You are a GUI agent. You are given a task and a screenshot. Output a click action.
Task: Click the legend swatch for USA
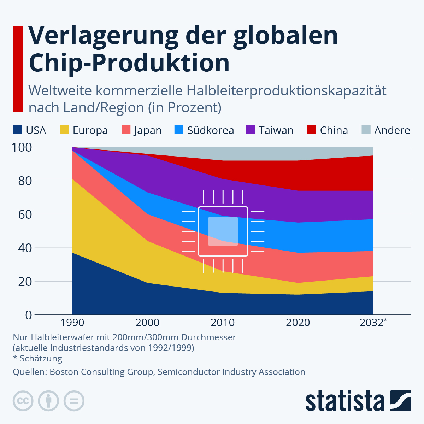click(x=17, y=130)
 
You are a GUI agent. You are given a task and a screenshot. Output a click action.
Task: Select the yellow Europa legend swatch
click(x=64, y=130)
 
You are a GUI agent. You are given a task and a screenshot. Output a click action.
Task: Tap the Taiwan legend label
click(x=276, y=130)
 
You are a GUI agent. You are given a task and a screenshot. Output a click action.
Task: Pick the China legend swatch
click(x=311, y=130)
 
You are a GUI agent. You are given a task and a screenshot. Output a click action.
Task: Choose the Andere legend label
click(x=392, y=130)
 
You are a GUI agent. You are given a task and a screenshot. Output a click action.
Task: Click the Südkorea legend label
click(x=210, y=130)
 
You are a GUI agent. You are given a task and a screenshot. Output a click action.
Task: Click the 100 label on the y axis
click(x=22, y=147)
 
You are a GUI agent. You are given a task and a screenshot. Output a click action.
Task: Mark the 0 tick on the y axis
click(x=29, y=315)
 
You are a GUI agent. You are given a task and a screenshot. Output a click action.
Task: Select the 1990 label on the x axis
click(x=72, y=323)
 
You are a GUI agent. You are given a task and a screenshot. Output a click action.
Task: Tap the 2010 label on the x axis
click(x=223, y=323)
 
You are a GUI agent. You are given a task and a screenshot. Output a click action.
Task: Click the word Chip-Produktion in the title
click(x=129, y=63)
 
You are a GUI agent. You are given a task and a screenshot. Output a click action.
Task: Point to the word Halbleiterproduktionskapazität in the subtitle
click(x=287, y=91)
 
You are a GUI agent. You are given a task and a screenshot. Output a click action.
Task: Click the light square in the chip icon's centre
click(x=223, y=231)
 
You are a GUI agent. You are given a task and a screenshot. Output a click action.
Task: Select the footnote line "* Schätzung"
click(x=37, y=359)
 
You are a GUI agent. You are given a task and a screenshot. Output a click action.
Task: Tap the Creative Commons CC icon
click(x=23, y=401)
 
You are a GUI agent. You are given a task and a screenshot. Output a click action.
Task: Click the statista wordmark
click(x=344, y=401)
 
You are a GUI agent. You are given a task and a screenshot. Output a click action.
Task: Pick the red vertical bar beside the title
click(x=18, y=69)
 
